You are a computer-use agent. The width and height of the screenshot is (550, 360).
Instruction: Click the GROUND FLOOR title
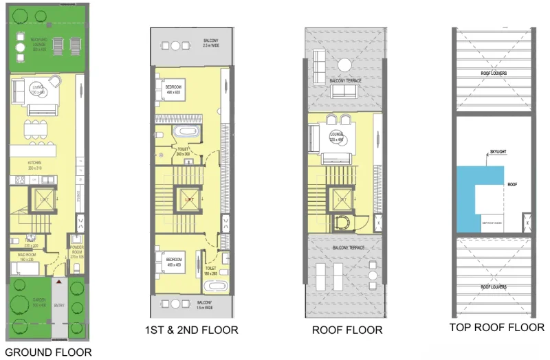(x=47, y=352)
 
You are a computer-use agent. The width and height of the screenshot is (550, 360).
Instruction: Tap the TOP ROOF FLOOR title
(x=497, y=328)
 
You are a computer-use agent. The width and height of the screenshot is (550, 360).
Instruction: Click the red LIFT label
(x=190, y=200)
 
